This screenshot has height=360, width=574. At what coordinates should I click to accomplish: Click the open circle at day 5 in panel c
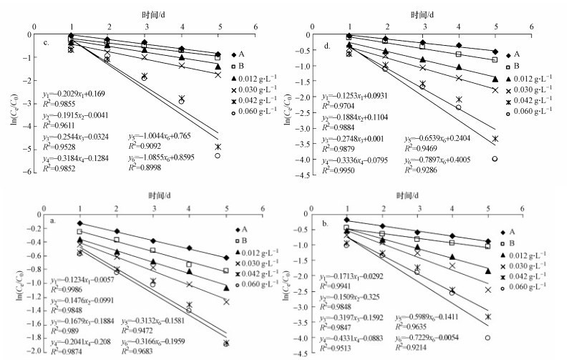(x=218, y=155)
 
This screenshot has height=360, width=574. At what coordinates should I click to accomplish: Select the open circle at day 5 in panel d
(x=495, y=159)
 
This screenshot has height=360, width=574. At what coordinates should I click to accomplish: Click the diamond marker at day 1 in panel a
(x=80, y=223)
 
